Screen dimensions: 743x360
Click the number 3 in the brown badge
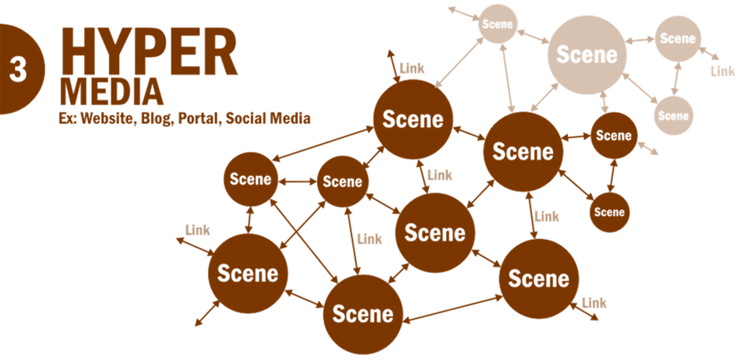point(18,70)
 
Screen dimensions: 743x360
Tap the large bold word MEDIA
point(112,93)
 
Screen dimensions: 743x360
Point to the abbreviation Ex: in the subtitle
point(68,118)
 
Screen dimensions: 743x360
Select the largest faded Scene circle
point(586,55)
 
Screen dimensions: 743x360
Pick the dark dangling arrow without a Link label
point(207,313)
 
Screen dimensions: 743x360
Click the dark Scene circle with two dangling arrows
point(248,274)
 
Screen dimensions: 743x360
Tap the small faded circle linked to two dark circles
point(497,24)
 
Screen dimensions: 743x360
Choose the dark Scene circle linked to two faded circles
point(523,152)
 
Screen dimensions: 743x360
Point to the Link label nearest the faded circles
point(723,71)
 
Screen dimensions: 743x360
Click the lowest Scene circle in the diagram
point(363,314)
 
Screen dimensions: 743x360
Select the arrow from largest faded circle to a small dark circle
point(604,102)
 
